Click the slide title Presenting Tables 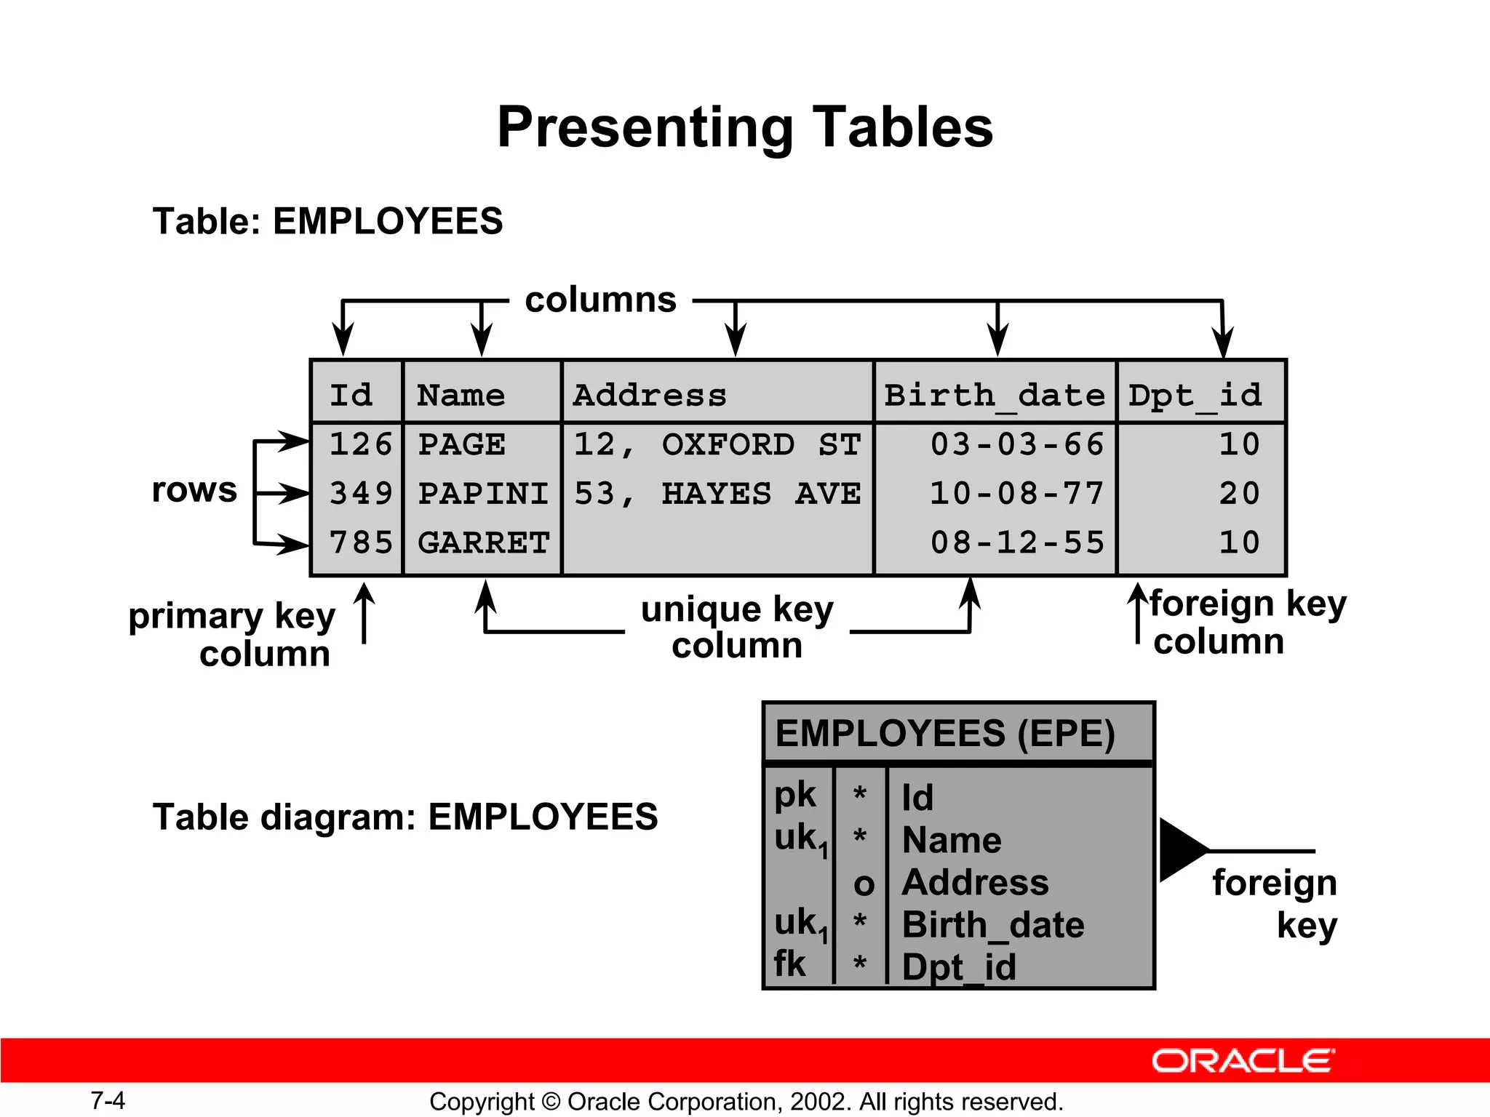coord(745,127)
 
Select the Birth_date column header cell coord(994,395)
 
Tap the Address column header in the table coord(650,395)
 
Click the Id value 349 coord(360,494)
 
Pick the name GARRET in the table coord(484,543)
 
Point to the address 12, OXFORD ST coord(717,444)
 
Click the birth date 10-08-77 coord(1017,494)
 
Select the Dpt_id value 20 coord(1239,494)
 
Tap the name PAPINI coord(483,494)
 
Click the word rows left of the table coord(194,489)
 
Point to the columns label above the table coord(601,300)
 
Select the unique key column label coord(737,627)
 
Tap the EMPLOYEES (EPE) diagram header coord(945,733)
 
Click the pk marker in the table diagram coord(795,795)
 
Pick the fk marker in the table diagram coord(790,964)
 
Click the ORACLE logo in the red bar coord(1243,1061)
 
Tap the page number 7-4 coord(108,1100)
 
